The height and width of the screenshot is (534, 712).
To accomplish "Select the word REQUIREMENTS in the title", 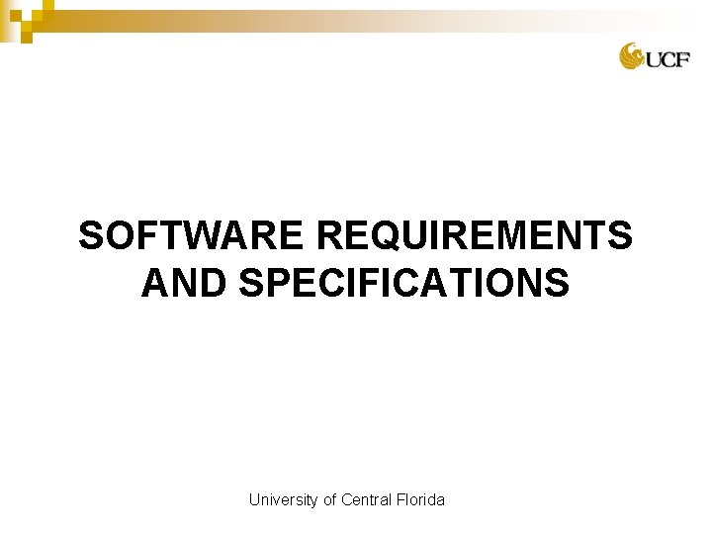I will [475, 237].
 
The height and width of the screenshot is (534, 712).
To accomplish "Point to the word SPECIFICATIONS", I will [404, 284].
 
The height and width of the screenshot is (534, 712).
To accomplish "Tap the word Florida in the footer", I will [420, 500].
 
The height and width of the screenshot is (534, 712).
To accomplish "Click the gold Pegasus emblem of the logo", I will [632, 56].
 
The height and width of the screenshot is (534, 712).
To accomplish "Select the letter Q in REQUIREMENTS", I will [382, 237].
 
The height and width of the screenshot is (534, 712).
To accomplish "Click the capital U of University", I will [254, 500].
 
